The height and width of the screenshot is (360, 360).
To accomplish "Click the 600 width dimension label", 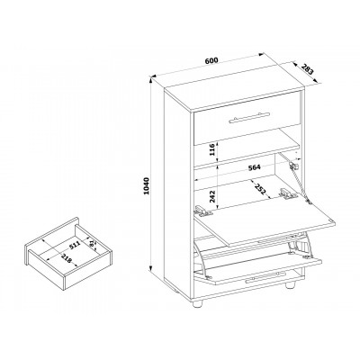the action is (x=211, y=59).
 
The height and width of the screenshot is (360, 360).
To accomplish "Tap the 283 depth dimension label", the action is (x=307, y=69).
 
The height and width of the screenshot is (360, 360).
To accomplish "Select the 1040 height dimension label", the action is (x=146, y=186).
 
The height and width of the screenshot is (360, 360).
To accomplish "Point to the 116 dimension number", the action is (x=212, y=149).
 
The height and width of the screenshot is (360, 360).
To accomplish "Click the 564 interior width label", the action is (x=254, y=167).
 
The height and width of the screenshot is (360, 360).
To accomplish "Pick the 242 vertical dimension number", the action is (x=212, y=197).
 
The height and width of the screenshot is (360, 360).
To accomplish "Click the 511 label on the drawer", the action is (x=75, y=246).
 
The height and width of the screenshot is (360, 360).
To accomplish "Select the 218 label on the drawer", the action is (x=67, y=258).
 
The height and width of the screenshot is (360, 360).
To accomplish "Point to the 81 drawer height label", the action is (x=92, y=243).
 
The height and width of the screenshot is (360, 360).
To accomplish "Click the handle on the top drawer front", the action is (x=249, y=117).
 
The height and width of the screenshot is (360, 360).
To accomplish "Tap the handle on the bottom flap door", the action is (x=265, y=277).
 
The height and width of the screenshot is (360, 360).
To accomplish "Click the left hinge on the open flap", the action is (x=203, y=211).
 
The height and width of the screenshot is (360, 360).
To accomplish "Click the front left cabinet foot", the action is (x=197, y=303).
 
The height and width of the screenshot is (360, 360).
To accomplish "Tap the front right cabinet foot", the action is (x=290, y=284).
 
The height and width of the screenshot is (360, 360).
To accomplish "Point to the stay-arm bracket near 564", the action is (x=293, y=166).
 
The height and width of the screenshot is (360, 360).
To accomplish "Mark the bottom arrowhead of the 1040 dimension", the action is (x=151, y=270).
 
